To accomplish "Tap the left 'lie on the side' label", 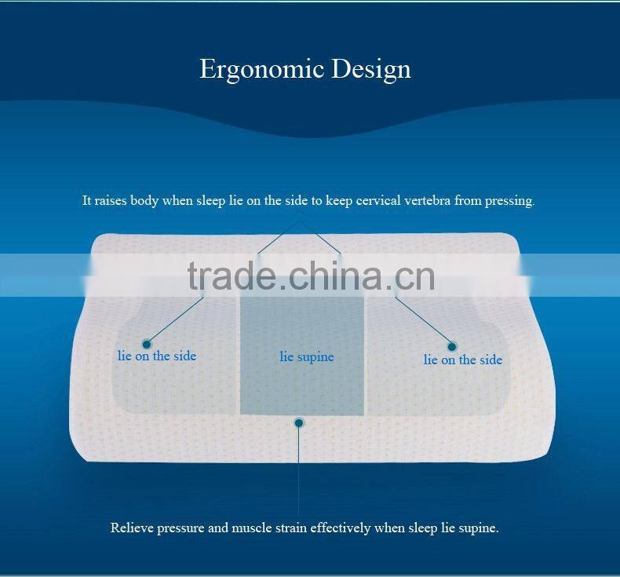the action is [x=157, y=356].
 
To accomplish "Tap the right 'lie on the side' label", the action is [x=462, y=360].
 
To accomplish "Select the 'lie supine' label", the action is [x=307, y=357].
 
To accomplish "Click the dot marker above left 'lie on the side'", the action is [x=146, y=343].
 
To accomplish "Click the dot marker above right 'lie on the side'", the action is [x=452, y=345].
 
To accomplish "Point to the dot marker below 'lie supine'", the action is [x=299, y=422].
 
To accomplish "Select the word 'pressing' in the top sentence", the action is [x=509, y=201].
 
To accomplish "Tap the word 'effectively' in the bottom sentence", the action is [x=340, y=528].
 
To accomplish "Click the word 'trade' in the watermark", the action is [x=232, y=275].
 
